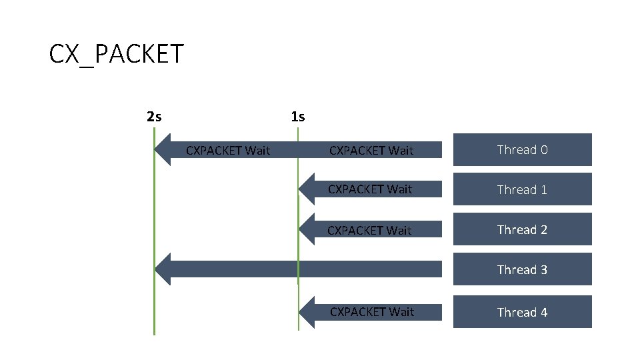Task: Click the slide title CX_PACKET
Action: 116,54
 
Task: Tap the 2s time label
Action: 153,117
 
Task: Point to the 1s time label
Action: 298,117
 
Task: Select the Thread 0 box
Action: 523,149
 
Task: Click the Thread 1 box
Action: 523,189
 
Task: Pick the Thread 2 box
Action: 523,229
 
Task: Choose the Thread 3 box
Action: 523,269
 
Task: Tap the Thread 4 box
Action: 523,312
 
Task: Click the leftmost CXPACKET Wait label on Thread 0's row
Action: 228,150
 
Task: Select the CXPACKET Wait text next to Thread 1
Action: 370,189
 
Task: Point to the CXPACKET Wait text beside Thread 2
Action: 370,230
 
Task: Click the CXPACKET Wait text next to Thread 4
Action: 372,311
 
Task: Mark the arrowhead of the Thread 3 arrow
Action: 163,269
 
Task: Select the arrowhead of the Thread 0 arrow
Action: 163,149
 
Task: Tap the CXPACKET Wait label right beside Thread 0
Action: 371,150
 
